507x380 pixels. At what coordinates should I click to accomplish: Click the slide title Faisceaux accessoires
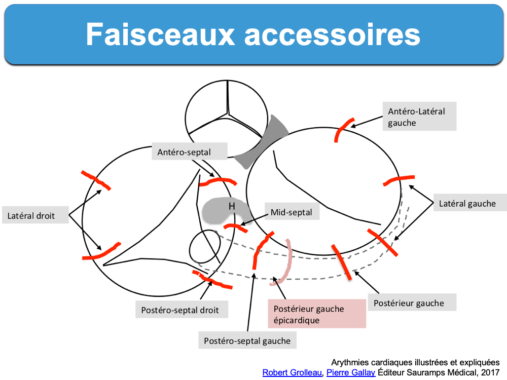pyautogui.click(x=253, y=34)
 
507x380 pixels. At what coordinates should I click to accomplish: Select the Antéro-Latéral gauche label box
pyautogui.click(x=416, y=117)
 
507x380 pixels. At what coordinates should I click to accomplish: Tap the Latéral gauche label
pyautogui.click(x=467, y=204)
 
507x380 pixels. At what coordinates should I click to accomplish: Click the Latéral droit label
pyautogui.click(x=31, y=216)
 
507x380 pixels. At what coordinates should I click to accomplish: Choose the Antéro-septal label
pyautogui.click(x=184, y=151)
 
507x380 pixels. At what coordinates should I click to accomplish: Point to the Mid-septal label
pyautogui.click(x=292, y=212)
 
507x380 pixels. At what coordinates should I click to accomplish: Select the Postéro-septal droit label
pyautogui.click(x=180, y=309)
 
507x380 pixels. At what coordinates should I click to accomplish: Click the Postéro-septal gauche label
pyautogui.click(x=247, y=340)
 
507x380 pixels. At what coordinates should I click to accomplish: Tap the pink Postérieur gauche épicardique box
pyautogui.click(x=316, y=314)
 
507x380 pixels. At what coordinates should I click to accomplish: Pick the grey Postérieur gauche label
pyautogui.click(x=409, y=303)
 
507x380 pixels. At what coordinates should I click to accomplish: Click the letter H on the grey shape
pyautogui.click(x=232, y=206)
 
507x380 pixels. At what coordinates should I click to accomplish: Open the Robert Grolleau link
pyautogui.click(x=292, y=372)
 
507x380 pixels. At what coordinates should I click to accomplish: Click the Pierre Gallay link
pyautogui.click(x=351, y=372)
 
